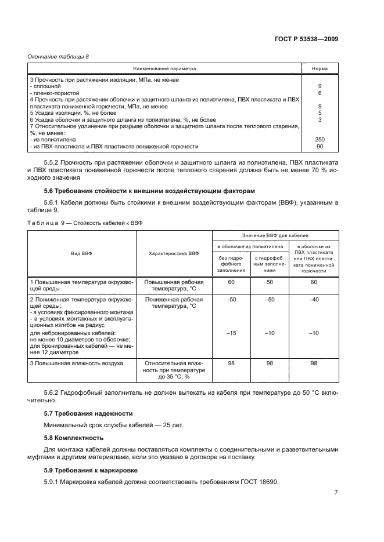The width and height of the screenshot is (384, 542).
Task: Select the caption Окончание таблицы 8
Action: [58, 56]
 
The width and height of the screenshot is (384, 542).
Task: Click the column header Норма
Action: [320, 68]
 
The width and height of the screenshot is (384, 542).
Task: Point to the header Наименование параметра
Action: [164, 68]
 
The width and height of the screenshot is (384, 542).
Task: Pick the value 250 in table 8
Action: [320, 140]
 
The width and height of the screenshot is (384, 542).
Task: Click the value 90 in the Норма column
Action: [320, 146]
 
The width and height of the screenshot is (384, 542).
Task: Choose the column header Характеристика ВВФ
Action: [174, 253]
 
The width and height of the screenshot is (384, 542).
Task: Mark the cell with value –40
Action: [314, 300]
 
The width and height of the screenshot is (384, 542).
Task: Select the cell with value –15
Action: [231, 333]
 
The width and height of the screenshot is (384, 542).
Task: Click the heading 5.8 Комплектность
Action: [74, 438]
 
